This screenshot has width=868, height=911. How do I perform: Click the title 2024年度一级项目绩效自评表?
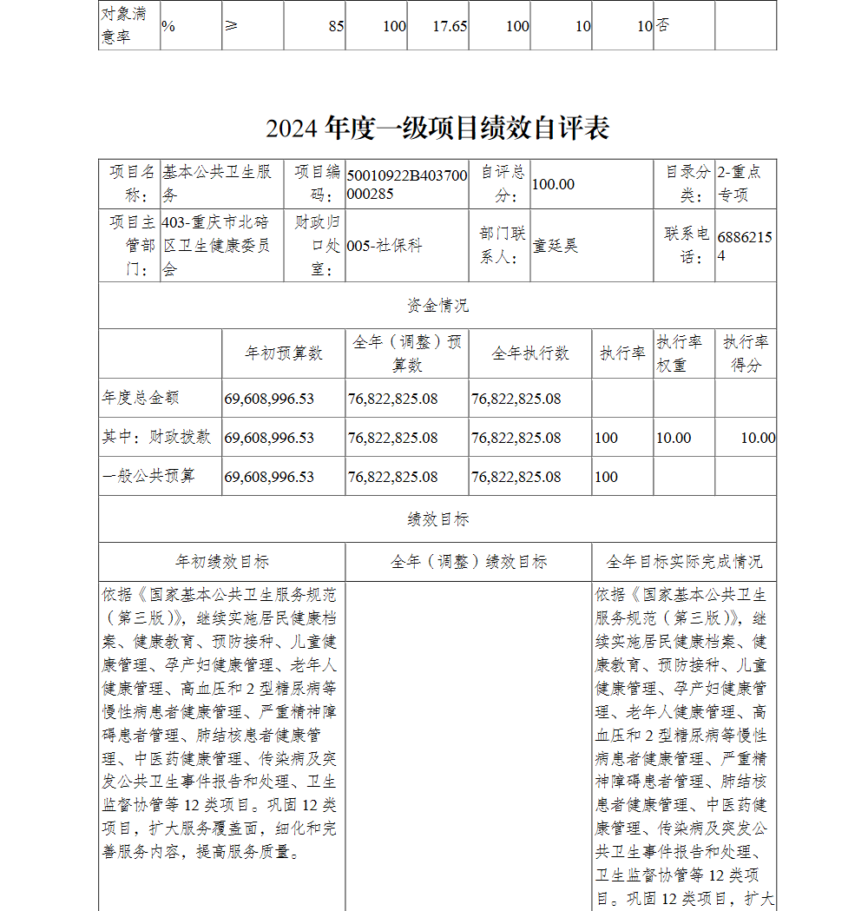click(437, 129)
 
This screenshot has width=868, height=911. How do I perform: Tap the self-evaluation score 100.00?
click(553, 184)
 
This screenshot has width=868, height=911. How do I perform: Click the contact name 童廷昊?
click(555, 246)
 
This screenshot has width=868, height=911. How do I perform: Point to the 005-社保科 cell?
click(385, 246)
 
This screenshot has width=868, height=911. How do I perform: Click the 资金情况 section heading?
click(437, 306)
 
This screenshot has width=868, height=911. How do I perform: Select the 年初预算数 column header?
click(283, 353)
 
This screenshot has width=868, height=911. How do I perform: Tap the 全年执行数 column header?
click(529, 353)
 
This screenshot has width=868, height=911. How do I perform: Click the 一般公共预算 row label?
click(148, 477)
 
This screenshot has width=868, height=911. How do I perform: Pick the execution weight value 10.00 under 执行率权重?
click(674, 438)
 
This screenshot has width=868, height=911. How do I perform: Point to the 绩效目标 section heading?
click(437, 519)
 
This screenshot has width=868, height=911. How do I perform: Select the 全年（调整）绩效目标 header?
click(469, 562)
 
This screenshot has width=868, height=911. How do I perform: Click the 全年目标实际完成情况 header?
click(684, 562)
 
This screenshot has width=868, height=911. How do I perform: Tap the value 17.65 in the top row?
click(450, 26)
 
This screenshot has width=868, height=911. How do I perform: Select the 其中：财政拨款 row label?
click(156, 438)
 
